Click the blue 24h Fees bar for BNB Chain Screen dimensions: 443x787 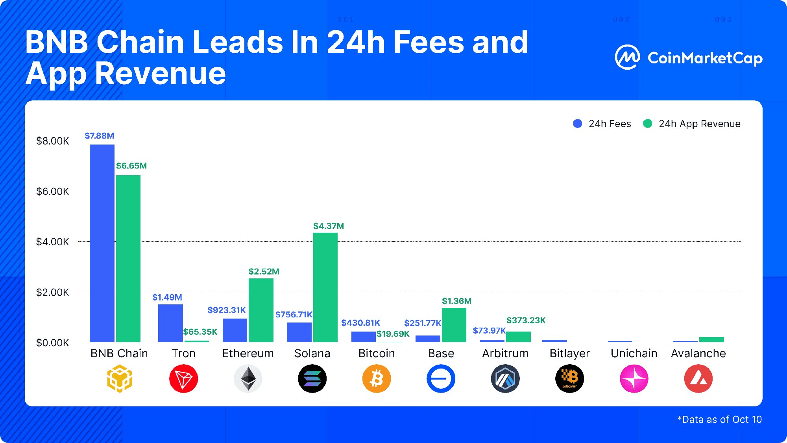tap(102, 243)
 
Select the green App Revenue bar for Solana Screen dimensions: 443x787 tap(325, 287)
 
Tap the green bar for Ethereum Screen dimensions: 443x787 tap(261, 310)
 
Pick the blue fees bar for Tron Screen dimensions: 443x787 tap(170, 323)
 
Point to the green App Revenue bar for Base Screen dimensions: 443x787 tap(454, 324)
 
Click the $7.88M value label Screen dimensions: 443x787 tap(99, 136)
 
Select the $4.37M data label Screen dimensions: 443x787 tap(329, 226)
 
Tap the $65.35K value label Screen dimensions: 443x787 tap(200, 332)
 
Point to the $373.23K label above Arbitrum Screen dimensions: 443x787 tap(526, 321)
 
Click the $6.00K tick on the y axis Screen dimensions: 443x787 tap(52, 192)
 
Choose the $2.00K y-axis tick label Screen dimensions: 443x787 tap(52, 292)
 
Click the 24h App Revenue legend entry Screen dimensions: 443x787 tap(692, 124)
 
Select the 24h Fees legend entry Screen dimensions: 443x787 tap(602, 124)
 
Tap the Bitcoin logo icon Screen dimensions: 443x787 tap(377, 379)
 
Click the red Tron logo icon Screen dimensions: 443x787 tap(183, 379)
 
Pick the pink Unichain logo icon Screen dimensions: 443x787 tap(634, 379)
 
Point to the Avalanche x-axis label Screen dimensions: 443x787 tap(698, 353)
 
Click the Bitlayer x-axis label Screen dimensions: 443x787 tap(569, 353)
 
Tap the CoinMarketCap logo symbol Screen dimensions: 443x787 tap(627, 57)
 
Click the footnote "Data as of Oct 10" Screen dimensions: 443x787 tap(720, 420)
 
